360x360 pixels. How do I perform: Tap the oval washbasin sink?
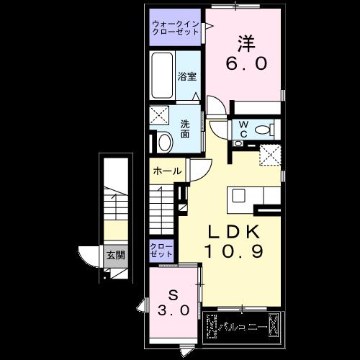click(x=164, y=142)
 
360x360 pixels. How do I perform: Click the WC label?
click(x=243, y=129)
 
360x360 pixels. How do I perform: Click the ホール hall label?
click(x=167, y=172)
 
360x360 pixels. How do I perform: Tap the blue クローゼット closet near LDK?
click(x=161, y=250)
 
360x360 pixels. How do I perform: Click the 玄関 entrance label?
click(x=115, y=254)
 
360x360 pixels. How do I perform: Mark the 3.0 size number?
click(x=173, y=311)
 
